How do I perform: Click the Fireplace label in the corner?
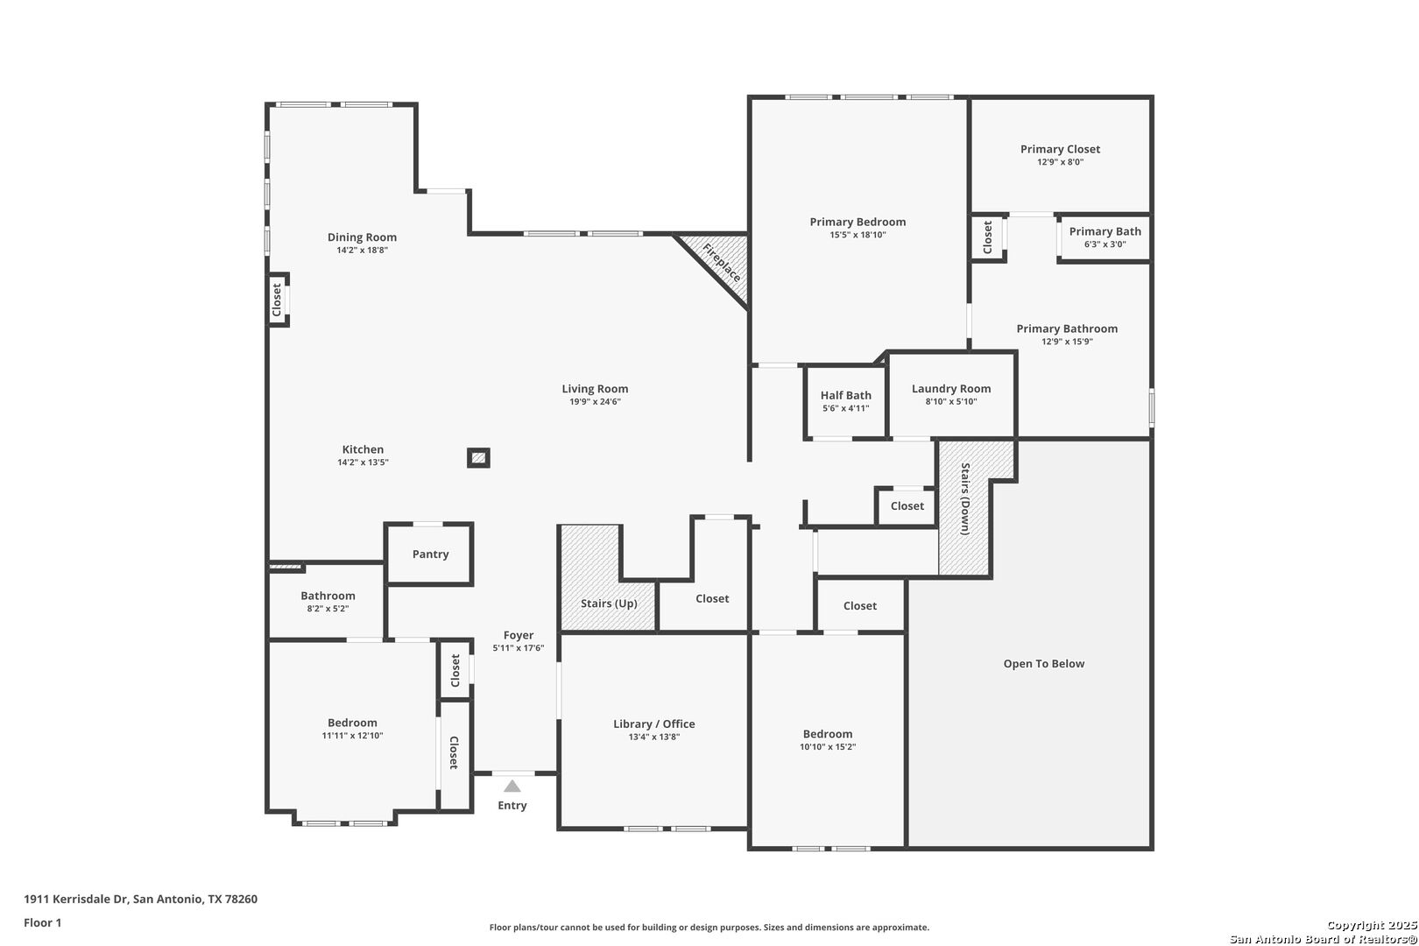point(722,263)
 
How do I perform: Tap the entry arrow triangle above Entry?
point(512,787)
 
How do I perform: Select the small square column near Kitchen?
point(478,457)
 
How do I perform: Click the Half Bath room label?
point(845,395)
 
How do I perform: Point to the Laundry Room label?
point(951,388)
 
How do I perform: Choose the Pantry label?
point(431,554)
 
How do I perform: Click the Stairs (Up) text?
point(609,604)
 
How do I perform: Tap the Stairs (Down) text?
point(965,499)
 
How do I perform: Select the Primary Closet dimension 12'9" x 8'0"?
point(1060,162)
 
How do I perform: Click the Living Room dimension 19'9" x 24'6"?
point(595,402)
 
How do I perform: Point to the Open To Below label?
point(1044,664)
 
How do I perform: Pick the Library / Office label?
point(653,724)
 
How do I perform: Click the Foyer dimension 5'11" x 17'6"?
point(519,648)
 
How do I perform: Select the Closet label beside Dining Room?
point(277,300)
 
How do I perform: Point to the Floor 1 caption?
point(42,923)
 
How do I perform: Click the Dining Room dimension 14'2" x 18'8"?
point(362,251)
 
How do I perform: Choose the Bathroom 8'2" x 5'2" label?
point(328,601)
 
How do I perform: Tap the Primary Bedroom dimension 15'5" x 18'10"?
point(858,235)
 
